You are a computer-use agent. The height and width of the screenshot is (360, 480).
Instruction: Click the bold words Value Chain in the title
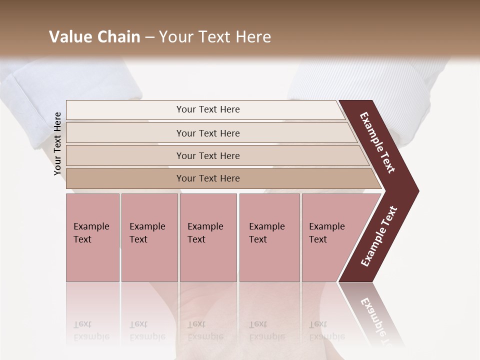[94, 37]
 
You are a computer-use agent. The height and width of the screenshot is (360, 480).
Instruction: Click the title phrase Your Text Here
[215, 37]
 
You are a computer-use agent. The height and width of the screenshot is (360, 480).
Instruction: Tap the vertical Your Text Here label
[57, 144]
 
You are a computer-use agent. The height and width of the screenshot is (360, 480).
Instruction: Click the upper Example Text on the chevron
[377, 142]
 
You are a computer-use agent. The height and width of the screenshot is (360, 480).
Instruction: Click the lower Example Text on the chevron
[379, 236]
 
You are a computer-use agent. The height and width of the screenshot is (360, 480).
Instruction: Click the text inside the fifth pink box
[326, 232]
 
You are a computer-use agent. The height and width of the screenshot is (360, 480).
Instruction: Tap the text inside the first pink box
[91, 232]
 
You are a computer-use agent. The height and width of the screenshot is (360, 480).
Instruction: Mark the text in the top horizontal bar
[208, 109]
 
